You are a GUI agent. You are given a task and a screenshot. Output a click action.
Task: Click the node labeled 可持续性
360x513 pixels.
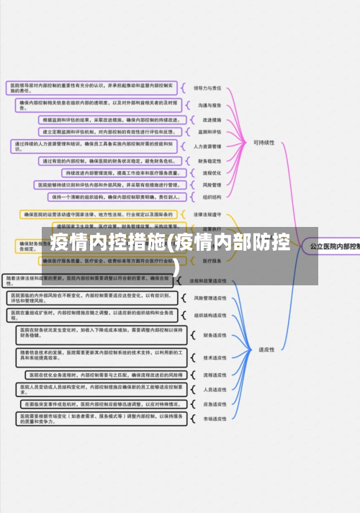coord(264,143)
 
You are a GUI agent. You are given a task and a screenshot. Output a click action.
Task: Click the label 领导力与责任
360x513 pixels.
coord(207,87)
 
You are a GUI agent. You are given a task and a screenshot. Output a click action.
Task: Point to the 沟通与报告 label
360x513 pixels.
coord(207,104)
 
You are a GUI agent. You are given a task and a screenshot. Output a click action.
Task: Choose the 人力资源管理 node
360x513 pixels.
coord(208,146)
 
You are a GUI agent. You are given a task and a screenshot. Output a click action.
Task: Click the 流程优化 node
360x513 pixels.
coord(207,173)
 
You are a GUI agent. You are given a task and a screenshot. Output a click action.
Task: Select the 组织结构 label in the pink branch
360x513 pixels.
coord(207,196)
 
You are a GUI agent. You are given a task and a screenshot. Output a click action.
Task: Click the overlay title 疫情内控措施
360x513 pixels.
coord(108,243)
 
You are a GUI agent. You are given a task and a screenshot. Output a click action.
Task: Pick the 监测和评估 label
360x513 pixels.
coord(207,132)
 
